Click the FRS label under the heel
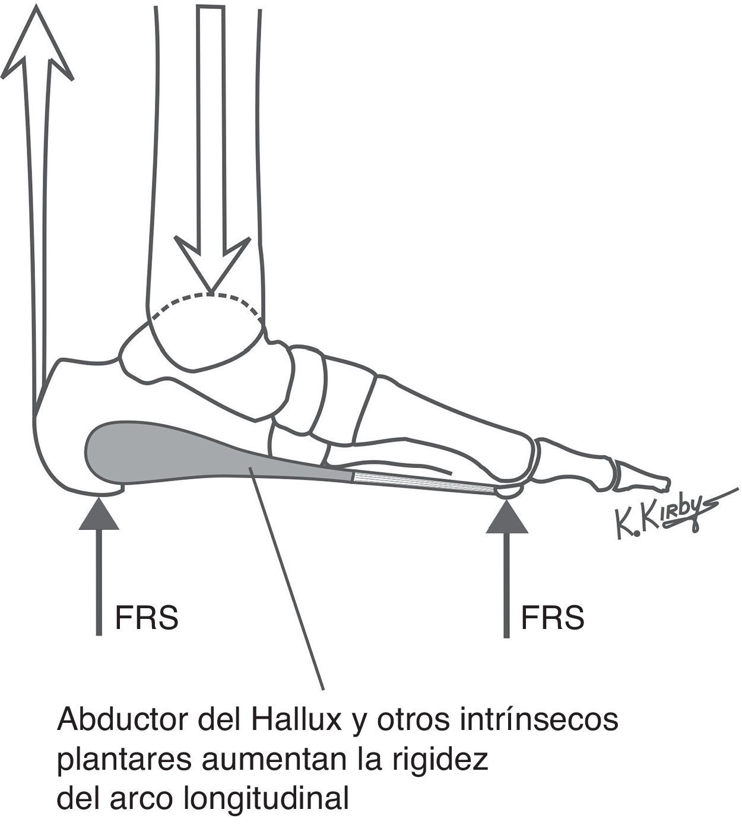click(147, 618)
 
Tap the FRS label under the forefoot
click(553, 618)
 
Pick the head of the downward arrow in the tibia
click(211, 264)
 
